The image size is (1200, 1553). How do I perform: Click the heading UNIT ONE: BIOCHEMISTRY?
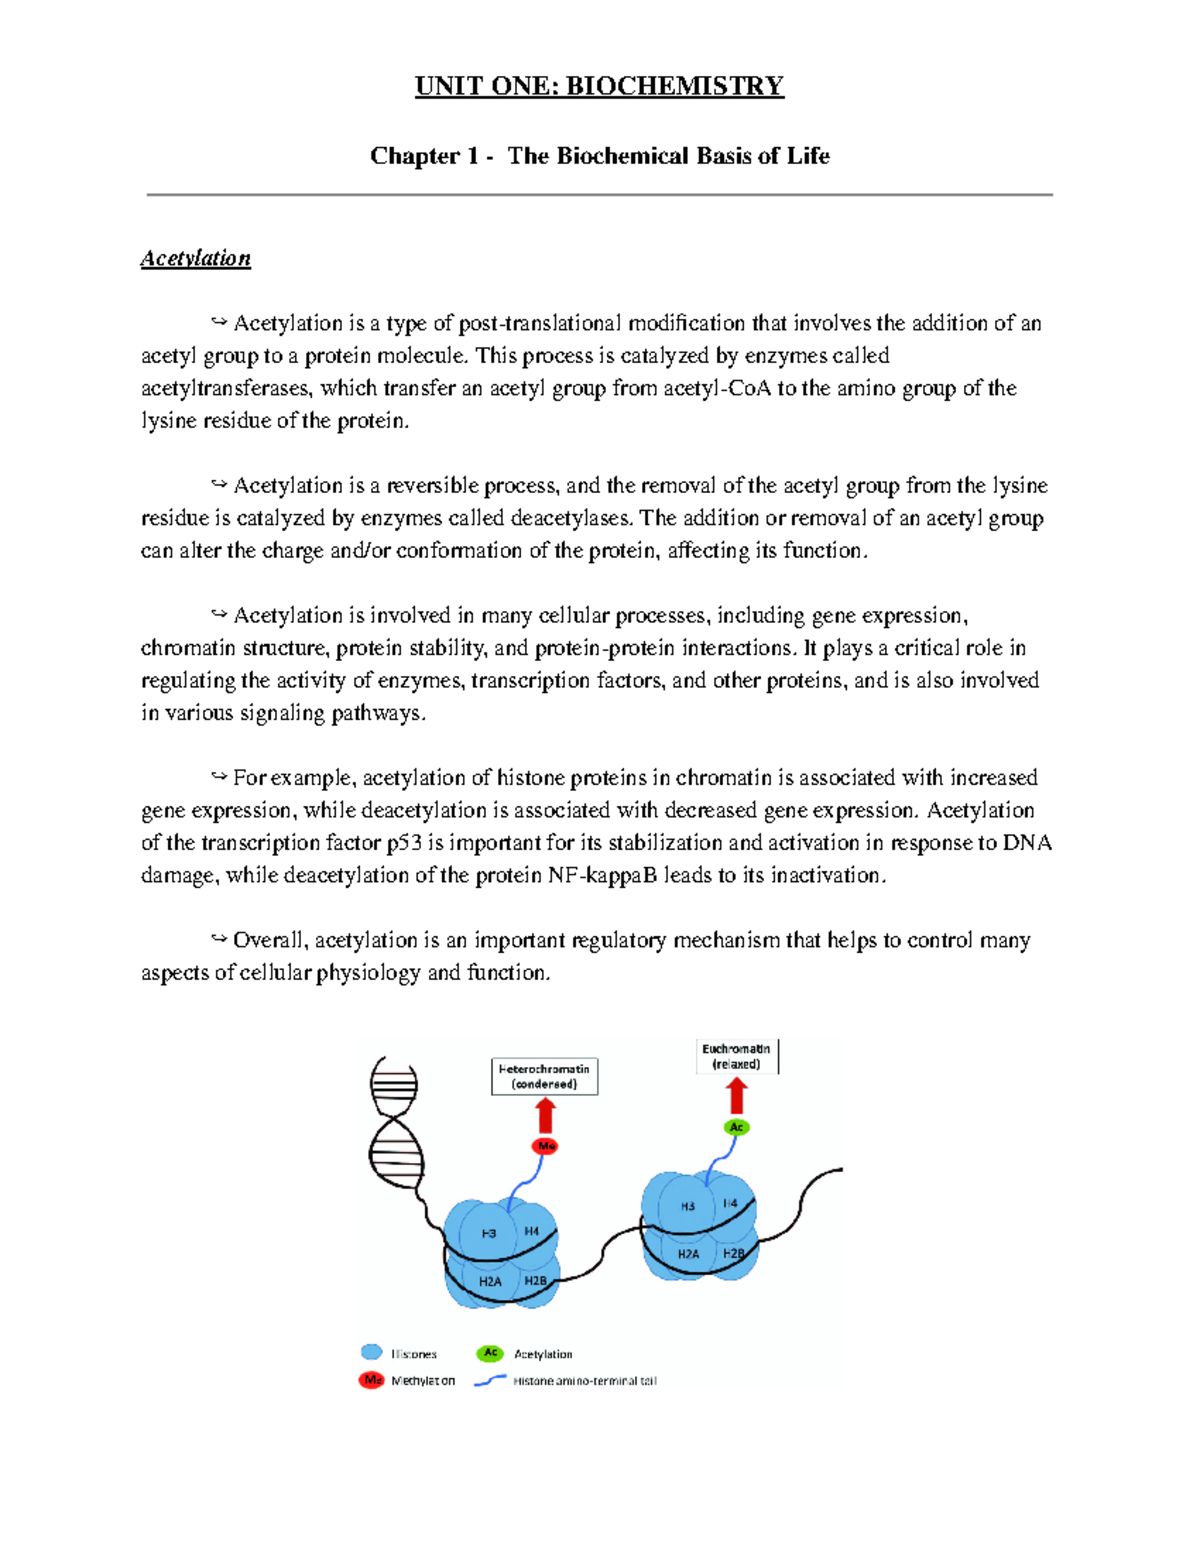tap(599, 86)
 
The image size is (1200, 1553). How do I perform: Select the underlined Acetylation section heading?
tap(195, 258)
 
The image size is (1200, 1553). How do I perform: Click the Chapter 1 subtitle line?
tap(599, 156)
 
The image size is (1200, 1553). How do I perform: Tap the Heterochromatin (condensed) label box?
tap(544, 1076)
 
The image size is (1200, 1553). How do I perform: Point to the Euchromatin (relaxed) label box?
tap(736, 1056)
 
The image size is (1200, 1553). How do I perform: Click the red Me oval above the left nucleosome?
tap(545, 1146)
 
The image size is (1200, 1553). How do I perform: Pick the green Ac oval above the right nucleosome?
tap(737, 1127)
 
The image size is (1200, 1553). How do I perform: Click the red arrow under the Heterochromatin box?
tap(545, 1115)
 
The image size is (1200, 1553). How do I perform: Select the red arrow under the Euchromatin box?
tap(737, 1096)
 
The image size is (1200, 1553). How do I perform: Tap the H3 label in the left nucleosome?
tap(489, 1233)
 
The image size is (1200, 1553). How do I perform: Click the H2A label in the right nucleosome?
tap(688, 1253)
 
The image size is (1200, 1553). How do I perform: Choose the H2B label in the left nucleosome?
tap(535, 1280)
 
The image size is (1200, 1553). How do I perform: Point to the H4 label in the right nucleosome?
tap(730, 1204)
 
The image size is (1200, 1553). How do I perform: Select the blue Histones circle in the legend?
tap(372, 1352)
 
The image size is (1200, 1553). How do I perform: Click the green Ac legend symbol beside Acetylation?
tap(490, 1353)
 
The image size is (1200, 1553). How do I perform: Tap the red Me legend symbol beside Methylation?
tap(372, 1380)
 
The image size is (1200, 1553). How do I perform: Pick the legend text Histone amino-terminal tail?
tap(585, 1381)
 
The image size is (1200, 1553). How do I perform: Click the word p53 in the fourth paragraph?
tap(404, 843)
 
